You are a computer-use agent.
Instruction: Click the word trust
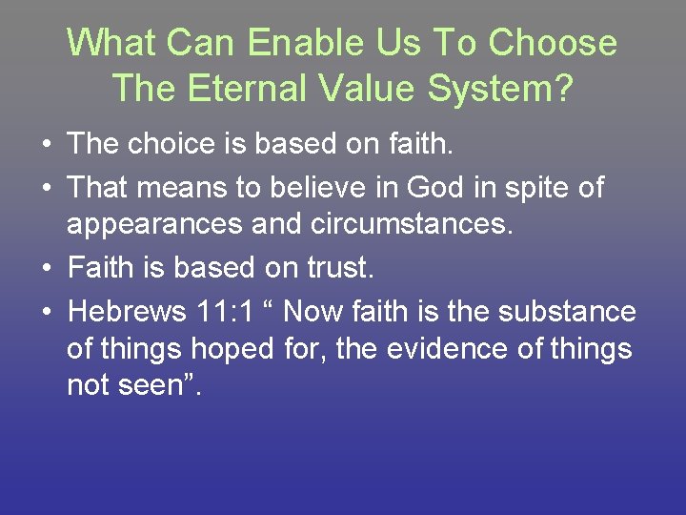[336, 269]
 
